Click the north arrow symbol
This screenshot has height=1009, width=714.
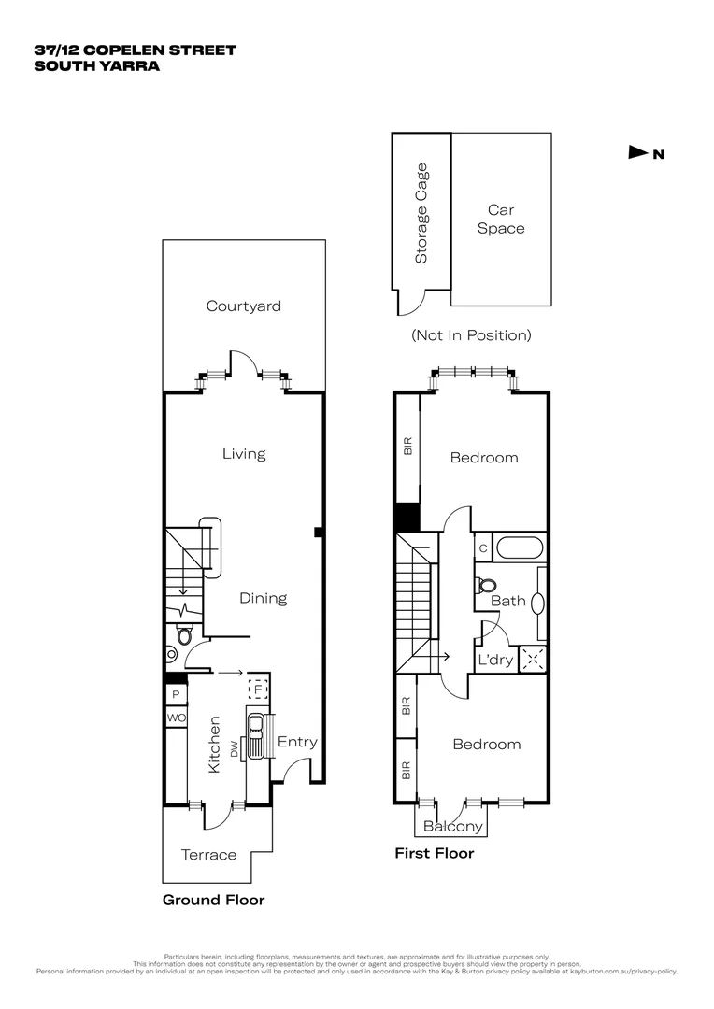638,153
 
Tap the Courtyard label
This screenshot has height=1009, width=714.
244,306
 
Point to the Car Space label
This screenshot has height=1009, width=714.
501,220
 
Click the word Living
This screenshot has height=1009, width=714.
244,454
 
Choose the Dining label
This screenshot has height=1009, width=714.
263,598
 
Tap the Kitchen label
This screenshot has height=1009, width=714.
214,744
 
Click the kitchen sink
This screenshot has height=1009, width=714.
255,734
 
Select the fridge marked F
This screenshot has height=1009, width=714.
257,689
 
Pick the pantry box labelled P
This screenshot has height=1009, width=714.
175,695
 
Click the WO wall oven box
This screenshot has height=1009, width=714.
176,718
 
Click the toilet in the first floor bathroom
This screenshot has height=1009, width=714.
486,585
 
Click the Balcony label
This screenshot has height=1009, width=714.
453,827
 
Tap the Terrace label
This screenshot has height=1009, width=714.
208,855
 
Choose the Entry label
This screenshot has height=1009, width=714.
297,743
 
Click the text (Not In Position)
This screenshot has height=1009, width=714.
471,334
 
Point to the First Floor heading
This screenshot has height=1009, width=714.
434,853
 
